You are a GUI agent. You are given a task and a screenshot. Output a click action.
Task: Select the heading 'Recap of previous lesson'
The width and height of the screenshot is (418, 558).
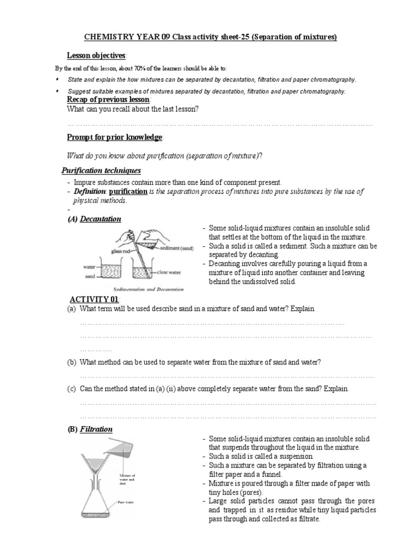click(x=108, y=100)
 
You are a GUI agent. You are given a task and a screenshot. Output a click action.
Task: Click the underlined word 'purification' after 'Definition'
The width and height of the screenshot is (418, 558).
click(x=128, y=192)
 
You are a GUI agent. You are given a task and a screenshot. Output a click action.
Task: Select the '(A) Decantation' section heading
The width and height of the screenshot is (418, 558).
click(x=93, y=219)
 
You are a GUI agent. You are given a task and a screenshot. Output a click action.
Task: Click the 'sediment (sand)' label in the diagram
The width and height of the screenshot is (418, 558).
click(x=175, y=247)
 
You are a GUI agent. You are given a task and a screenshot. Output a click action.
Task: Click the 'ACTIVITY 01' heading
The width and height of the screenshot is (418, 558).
click(x=94, y=299)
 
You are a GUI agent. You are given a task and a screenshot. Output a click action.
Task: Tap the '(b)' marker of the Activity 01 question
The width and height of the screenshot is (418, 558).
click(x=71, y=362)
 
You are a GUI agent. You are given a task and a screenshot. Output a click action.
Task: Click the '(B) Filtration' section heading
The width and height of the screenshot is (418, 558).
click(x=90, y=429)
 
